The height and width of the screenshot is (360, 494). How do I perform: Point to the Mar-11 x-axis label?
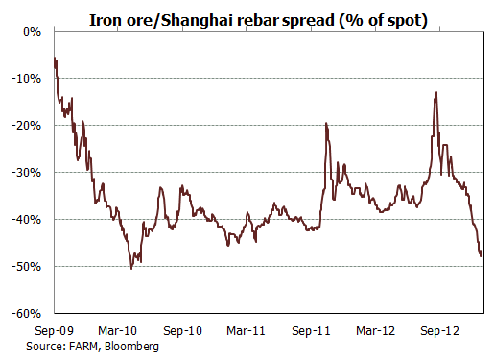[247, 330]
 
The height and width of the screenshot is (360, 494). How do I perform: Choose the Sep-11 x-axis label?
[312, 330]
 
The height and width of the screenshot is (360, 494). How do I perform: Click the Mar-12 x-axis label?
[376, 330]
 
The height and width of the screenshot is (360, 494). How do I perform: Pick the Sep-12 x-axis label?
[441, 330]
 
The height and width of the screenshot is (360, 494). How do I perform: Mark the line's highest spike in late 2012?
[436, 93]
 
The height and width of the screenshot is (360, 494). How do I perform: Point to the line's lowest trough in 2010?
[131, 268]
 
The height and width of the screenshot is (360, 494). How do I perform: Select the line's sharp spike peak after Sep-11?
[326, 124]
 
